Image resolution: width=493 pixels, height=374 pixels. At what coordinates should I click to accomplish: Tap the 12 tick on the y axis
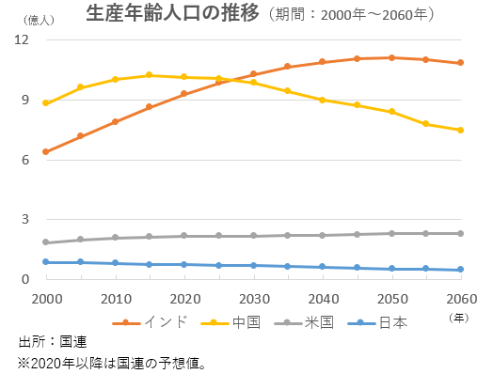click(23, 40)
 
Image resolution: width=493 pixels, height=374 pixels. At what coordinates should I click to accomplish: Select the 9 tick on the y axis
click(26, 100)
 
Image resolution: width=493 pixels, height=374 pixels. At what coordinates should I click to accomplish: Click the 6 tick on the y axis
click(26, 160)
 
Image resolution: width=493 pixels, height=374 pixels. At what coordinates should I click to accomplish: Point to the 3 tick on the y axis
click(26, 219)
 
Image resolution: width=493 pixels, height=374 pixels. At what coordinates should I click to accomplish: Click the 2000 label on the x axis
click(45, 299)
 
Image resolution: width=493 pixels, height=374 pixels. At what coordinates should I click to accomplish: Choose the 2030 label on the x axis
click(253, 299)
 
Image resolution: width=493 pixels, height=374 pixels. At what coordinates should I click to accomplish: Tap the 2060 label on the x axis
click(460, 299)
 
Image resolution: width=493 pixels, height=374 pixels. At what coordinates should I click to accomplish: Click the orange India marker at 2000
click(46, 151)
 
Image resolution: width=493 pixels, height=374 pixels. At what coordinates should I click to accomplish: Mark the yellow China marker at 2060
click(460, 130)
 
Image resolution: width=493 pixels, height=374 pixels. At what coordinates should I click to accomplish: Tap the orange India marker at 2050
click(391, 57)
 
